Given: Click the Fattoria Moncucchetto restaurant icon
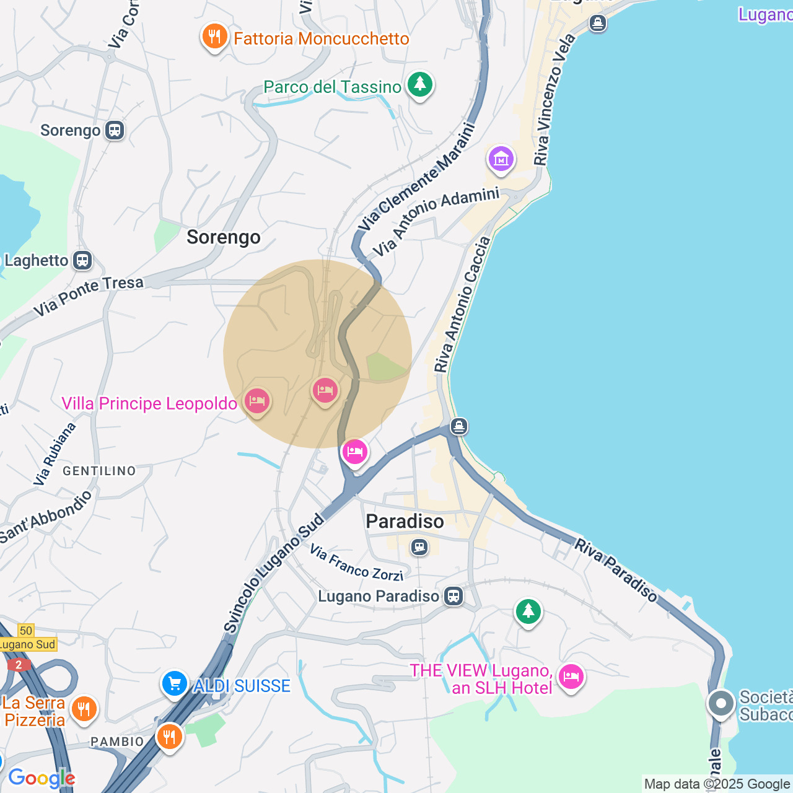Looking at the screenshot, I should tap(214, 37).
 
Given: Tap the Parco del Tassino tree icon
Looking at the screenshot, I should tap(420, 85).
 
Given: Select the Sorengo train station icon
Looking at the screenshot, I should tap(115, 130).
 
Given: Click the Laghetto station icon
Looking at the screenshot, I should tap(82, 260).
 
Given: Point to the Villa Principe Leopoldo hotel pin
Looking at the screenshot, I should tap(256, 401).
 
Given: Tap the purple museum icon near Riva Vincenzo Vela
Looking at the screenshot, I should tap(501, 160).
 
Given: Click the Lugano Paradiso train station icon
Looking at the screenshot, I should tap(454, 596).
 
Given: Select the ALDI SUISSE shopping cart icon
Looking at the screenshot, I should tap(175, 684).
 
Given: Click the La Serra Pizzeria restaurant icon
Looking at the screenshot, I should tap(84, 709).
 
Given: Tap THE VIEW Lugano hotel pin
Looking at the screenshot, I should tap(571, 677).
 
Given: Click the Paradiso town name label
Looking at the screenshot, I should tap(405, 522).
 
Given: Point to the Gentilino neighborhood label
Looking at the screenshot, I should tap(99, 471).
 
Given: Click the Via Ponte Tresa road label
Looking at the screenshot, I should tap(88, 296).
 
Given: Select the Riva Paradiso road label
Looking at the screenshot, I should tap(616, 571).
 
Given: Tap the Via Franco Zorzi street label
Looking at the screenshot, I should tap(356, 563).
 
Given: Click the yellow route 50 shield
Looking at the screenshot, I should tap(25, 631).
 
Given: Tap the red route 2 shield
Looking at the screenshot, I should tap(19, 665).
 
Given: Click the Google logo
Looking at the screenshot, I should tap(42, 778).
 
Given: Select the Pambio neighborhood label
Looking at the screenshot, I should tap(117, 742).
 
